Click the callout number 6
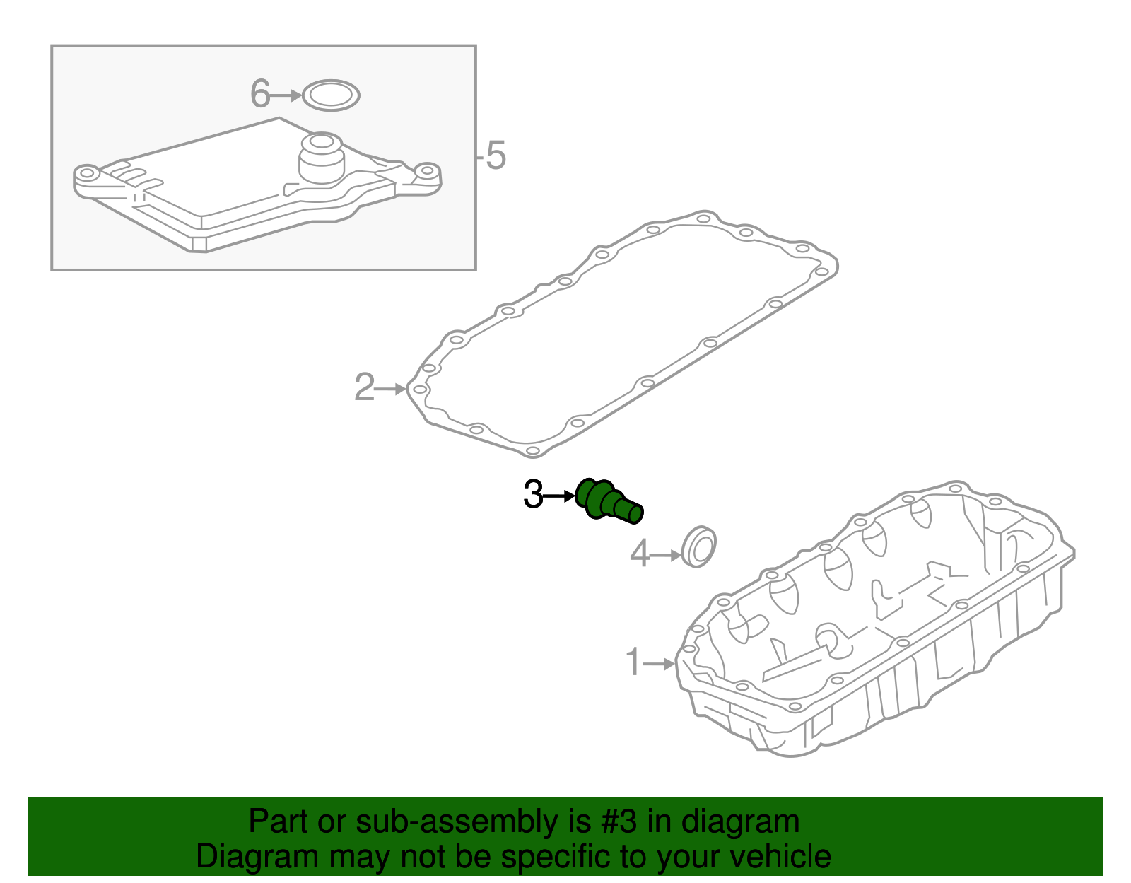click(260, 94)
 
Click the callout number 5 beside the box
click(496, 156)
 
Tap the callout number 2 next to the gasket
click(364, 387)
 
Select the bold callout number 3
click(533, 495)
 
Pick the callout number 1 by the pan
click(633, 662)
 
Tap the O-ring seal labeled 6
click(331, 95)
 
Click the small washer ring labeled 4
click(699, 546)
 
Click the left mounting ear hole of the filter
click(86, 173)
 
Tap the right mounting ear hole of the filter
click(426, 172)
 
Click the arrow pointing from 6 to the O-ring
click(286, 95)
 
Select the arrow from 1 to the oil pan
click(660, 664)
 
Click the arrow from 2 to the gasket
click(391, 389)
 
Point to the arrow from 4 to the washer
click(666, 556)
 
